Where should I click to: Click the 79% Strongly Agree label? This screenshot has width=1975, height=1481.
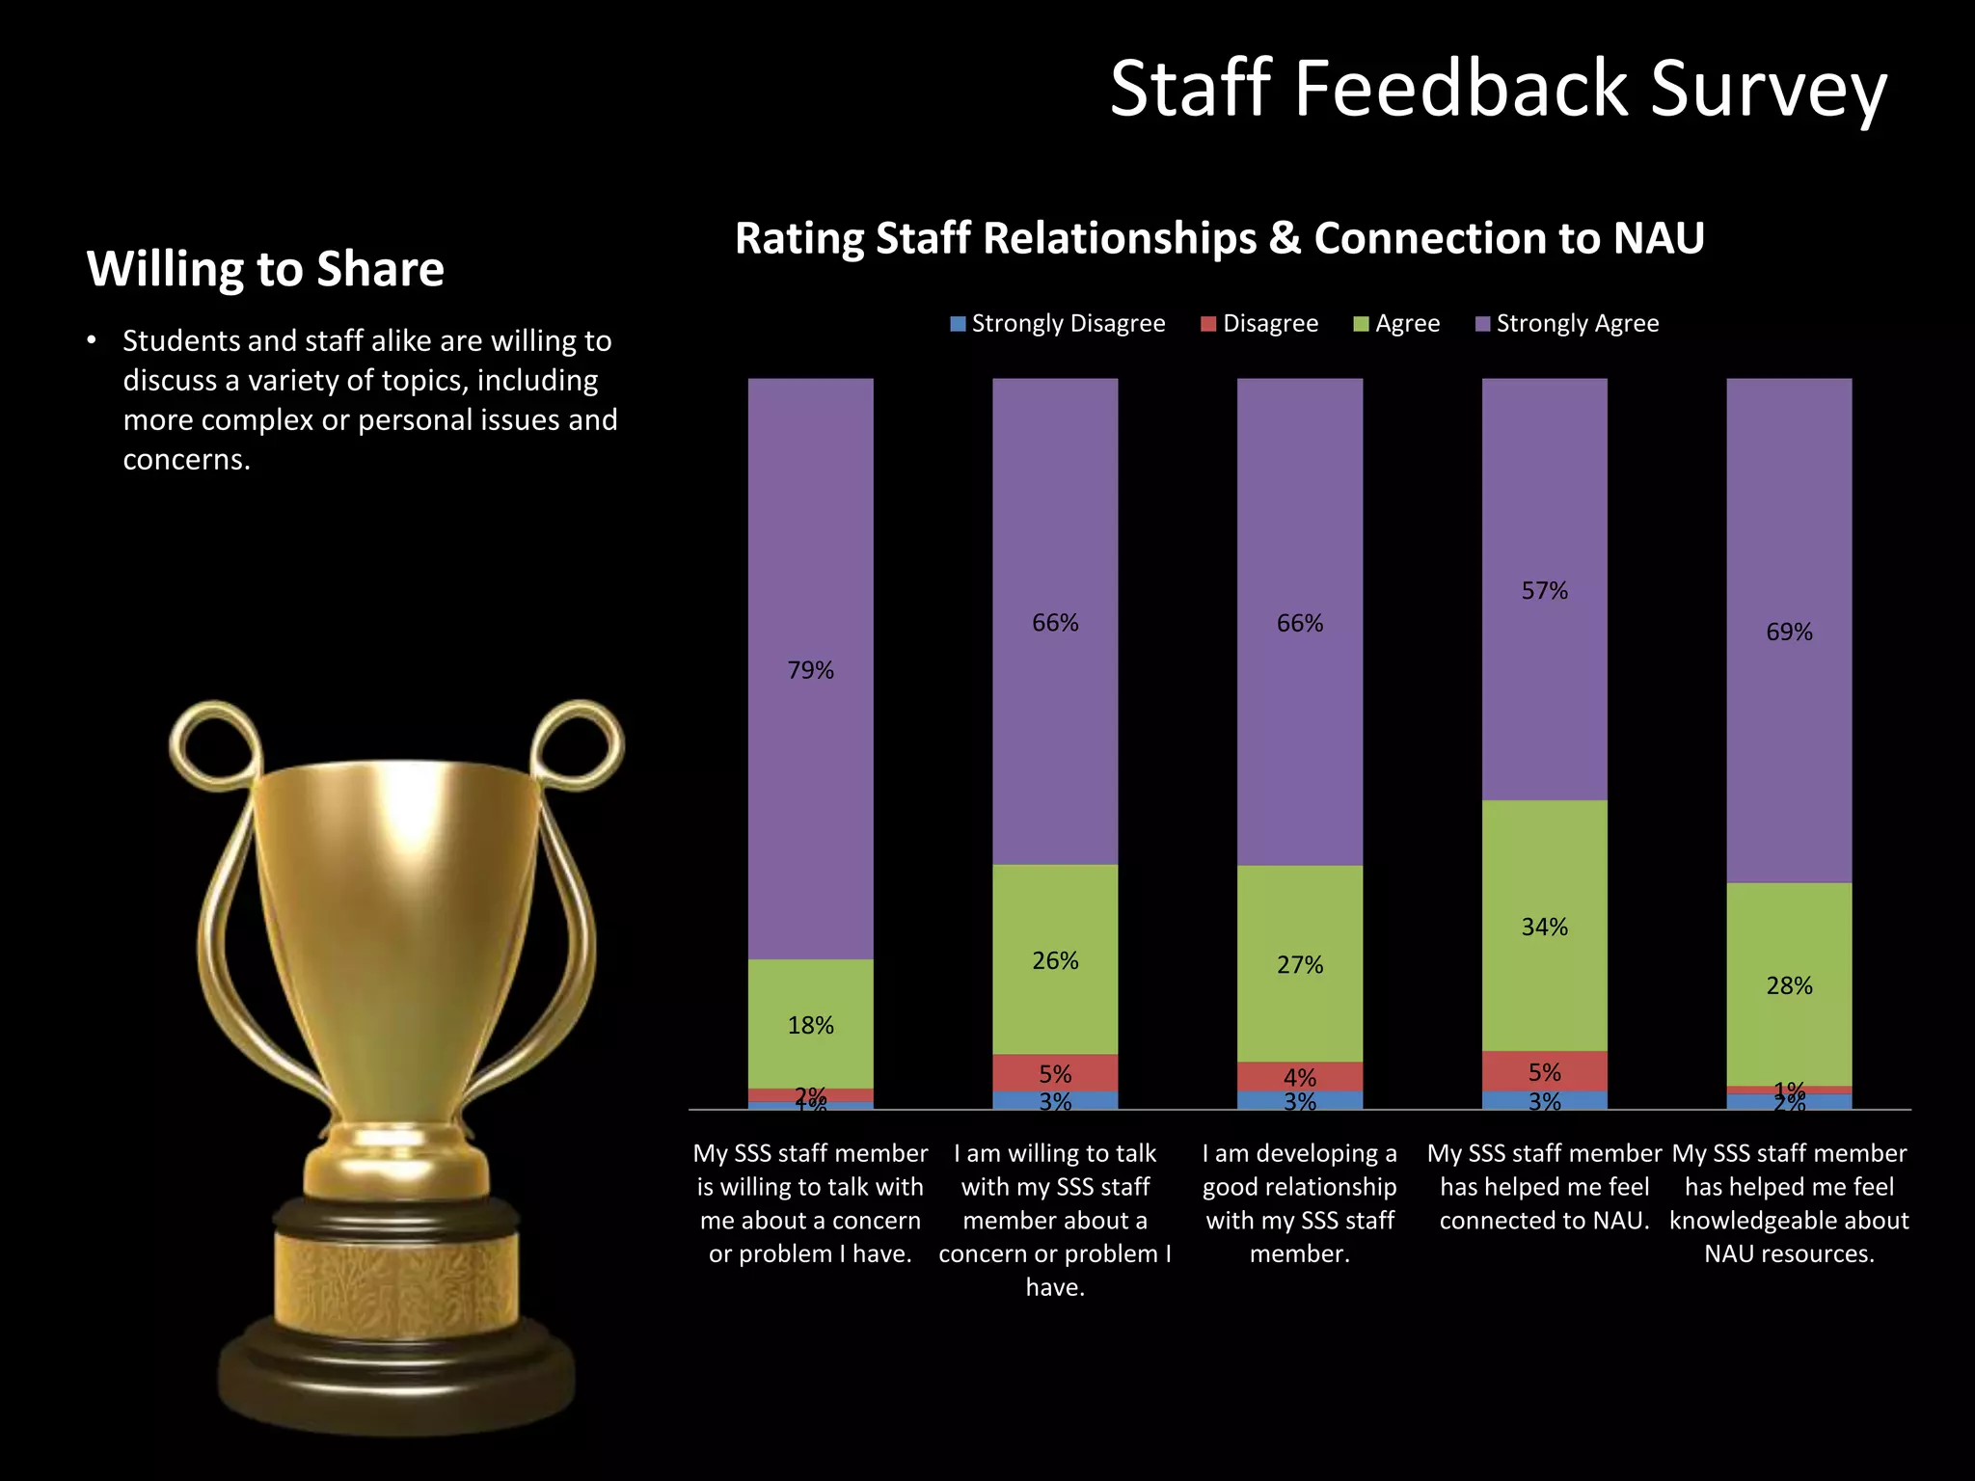click(x=810, y=670)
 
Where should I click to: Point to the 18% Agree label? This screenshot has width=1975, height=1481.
click(x=810, y=1025)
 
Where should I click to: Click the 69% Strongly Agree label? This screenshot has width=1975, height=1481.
click(x=1789, y=632)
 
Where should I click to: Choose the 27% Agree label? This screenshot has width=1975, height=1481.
click(x=1299, y=964)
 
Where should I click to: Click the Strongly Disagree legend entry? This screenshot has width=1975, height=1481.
click(x=1058, y=323)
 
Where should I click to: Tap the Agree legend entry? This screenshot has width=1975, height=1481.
click(x=1397, y=323)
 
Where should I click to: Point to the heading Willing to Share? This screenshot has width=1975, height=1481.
click(x=265, y=268)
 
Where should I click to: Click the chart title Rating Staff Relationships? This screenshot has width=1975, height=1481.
click(x=1219, y=238)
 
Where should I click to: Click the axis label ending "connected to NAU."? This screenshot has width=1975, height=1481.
click(x=1544, y=1187)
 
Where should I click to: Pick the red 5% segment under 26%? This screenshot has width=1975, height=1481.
click(x=1055, y=1072)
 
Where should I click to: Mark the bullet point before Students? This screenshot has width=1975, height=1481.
click(x=92, y=340)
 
